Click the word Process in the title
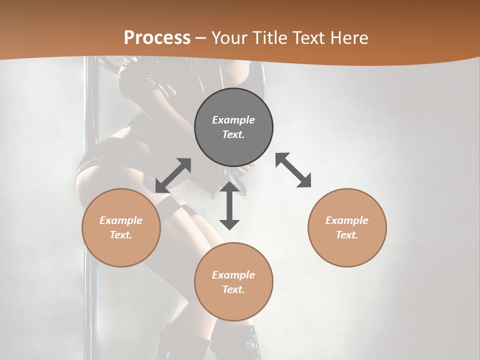point(157,37)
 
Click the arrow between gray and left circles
point(173,175)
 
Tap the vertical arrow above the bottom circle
point(229,206)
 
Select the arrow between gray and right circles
point(293,170)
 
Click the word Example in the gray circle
point(233,120)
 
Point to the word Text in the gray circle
point(233,134)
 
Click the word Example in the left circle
point(121,220)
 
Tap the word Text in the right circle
point(347,235)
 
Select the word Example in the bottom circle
point(233,275)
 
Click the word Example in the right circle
point(347,220)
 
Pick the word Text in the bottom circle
point(233,289)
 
